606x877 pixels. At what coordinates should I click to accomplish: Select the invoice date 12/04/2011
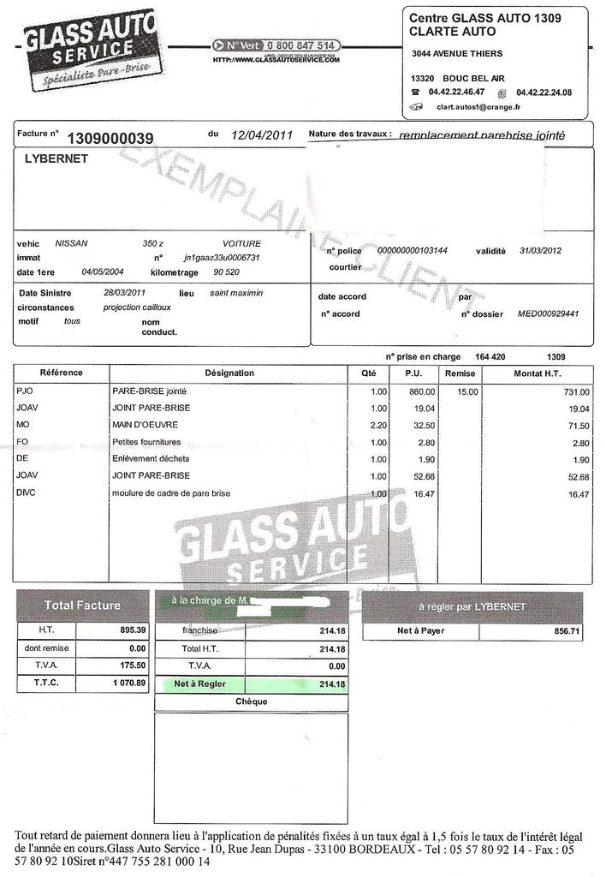coord(262,135)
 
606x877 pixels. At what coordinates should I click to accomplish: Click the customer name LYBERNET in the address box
coord(56,158)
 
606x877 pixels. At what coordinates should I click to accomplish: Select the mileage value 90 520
coord(226,272)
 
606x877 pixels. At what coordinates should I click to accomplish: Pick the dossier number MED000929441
coord(548,313)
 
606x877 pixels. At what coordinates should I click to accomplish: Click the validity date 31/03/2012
coord(539,251)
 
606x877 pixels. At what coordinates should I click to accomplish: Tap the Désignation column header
coord(229,373)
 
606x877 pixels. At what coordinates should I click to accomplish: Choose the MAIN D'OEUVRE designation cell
coord(145,425)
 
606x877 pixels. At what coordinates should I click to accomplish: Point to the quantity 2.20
coord(377,425)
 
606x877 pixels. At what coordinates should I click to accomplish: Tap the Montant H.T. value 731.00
coord(574,391)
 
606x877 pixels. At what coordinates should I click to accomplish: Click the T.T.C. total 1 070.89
coord(123,683)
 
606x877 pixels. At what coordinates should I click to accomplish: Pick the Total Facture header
coord(82,606)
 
